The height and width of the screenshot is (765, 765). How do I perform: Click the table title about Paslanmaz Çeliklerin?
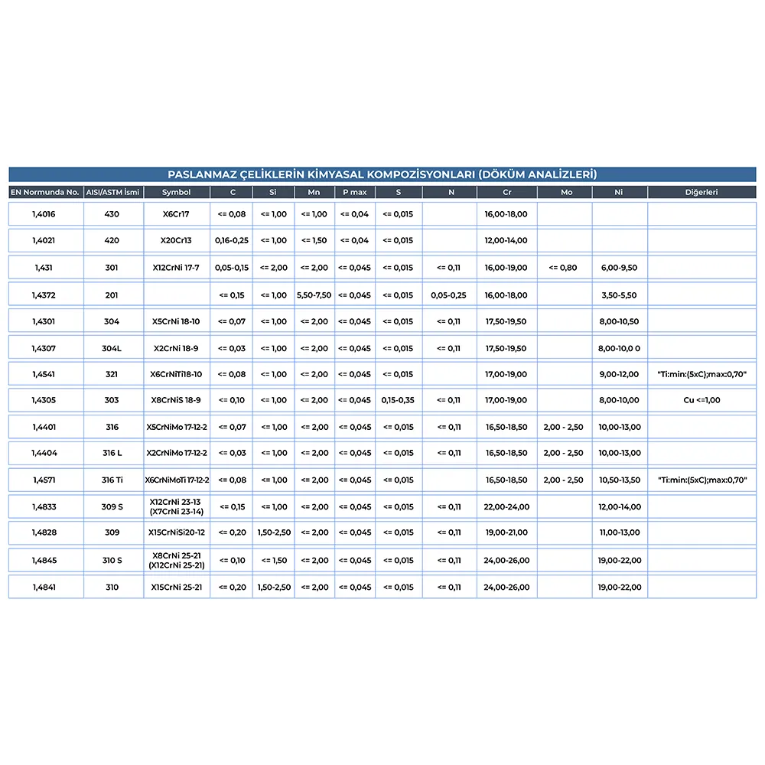click(382, 174)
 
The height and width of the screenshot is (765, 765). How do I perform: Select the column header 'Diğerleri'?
click(701, 192)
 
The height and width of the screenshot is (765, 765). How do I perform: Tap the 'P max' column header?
click(354, 192)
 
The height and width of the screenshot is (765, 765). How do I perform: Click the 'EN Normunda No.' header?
click(44, 192)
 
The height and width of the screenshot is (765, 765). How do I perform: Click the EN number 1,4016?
click(44, 214)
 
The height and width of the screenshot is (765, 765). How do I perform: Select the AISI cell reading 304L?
click(112, 349)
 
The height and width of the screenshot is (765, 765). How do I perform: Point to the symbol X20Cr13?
click(177, 240)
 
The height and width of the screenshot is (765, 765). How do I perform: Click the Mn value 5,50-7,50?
click(314, 295)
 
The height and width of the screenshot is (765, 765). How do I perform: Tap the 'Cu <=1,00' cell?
click(702, 400)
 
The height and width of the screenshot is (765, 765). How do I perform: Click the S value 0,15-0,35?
click(398, 400)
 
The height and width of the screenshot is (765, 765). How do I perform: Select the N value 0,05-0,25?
click(448, 295)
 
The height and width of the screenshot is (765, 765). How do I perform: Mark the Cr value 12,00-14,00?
click(506, 240)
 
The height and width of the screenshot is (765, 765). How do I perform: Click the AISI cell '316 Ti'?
click(112, 480)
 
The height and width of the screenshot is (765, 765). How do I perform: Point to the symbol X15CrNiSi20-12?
click(177, 532)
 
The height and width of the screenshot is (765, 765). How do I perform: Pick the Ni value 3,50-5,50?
click(618, 295)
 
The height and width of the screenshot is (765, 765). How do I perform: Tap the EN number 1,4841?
click(44, 588)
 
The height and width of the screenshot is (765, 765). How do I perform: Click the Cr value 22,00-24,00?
click(506, 507)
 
